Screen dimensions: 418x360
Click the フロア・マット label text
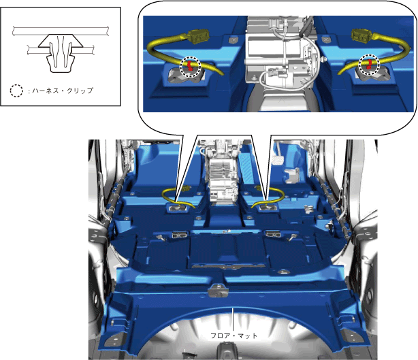pyautogui.click(x=234, y=336)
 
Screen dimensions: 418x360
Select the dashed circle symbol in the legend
pyautogui.click(x=16, y=91)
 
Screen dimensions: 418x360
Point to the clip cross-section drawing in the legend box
pyautogui.click(x=61, y=50)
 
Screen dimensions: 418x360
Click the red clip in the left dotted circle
pyautogui.click(x=190, y=65)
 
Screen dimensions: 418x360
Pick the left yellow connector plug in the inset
pyautogui.click(x=198, y=36)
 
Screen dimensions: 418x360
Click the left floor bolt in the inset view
pyautogui.click(x=234, y=39)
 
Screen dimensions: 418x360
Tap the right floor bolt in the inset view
pyautogui.click(x=326, y=39)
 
